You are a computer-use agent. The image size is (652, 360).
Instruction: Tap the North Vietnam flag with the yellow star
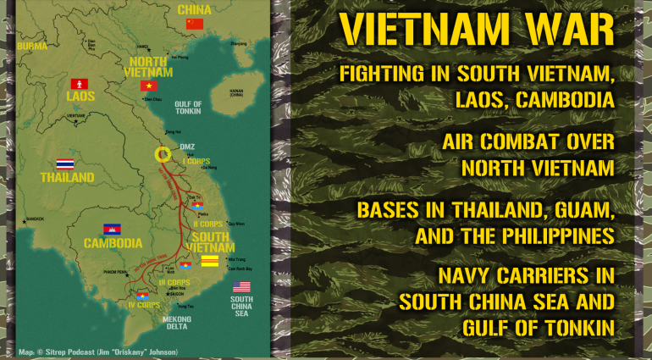(x=149, y=86)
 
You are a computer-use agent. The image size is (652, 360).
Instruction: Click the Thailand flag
(x=65, y=163)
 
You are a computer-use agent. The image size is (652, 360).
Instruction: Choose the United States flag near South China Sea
(x=242, y=286)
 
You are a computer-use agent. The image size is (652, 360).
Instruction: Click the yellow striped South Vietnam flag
(x=209, y=259)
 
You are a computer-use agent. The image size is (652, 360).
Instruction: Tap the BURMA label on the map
(x=32, y=46)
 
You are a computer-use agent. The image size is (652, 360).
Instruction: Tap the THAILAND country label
(x=67, y=179)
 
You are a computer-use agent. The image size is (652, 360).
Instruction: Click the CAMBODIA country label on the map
(x=112, y=243)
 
